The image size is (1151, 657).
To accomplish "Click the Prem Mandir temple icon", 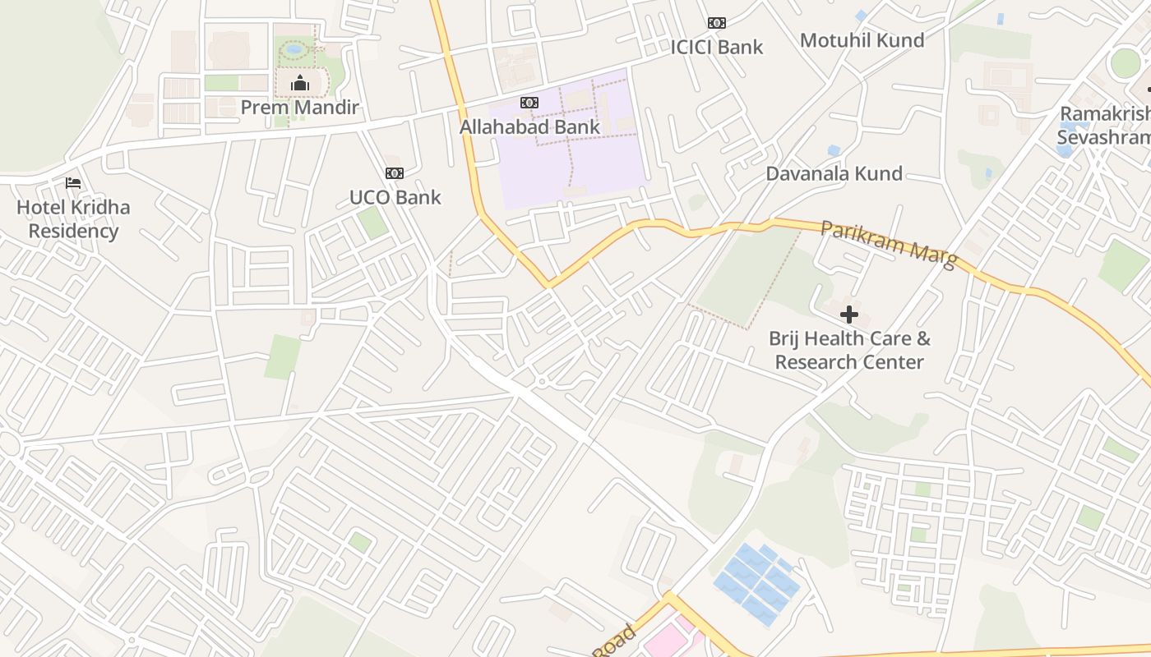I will pos(300,83).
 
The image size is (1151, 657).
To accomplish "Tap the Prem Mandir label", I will pos(300,108).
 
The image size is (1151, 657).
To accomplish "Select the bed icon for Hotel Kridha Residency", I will pos(73,183).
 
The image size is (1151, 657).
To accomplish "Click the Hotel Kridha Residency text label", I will pos(73,218).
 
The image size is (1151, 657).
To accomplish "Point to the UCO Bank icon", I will pos(395,173).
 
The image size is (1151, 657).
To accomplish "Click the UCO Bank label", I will pos(395,197).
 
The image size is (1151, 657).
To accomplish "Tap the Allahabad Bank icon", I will pos(529,103).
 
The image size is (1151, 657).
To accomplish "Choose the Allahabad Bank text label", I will pos(529,127).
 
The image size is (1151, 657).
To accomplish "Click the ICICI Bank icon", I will pos(717,23).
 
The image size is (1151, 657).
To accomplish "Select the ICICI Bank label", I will pos(717,47).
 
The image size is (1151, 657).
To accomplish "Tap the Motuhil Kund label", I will pos(862,40).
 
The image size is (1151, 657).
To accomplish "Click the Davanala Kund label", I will pos(834,173).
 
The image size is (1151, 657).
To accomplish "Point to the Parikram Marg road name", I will pos(889,244).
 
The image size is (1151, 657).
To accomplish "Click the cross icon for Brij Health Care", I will pos(849,315).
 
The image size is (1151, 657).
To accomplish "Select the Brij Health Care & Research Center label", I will pos(849,350).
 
